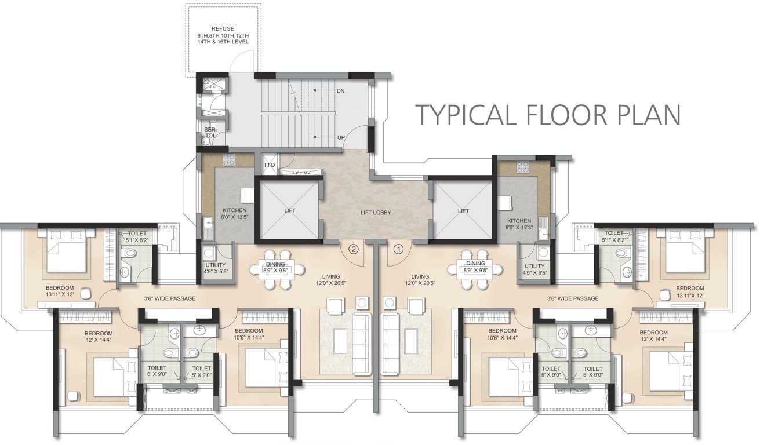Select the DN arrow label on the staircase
340,91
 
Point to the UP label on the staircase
341,137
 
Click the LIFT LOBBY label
375,213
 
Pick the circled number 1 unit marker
398,250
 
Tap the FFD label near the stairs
270,165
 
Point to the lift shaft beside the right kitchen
463,211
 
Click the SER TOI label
209,132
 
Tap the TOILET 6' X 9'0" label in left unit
157,371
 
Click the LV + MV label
302,173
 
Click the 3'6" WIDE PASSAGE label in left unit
169,298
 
